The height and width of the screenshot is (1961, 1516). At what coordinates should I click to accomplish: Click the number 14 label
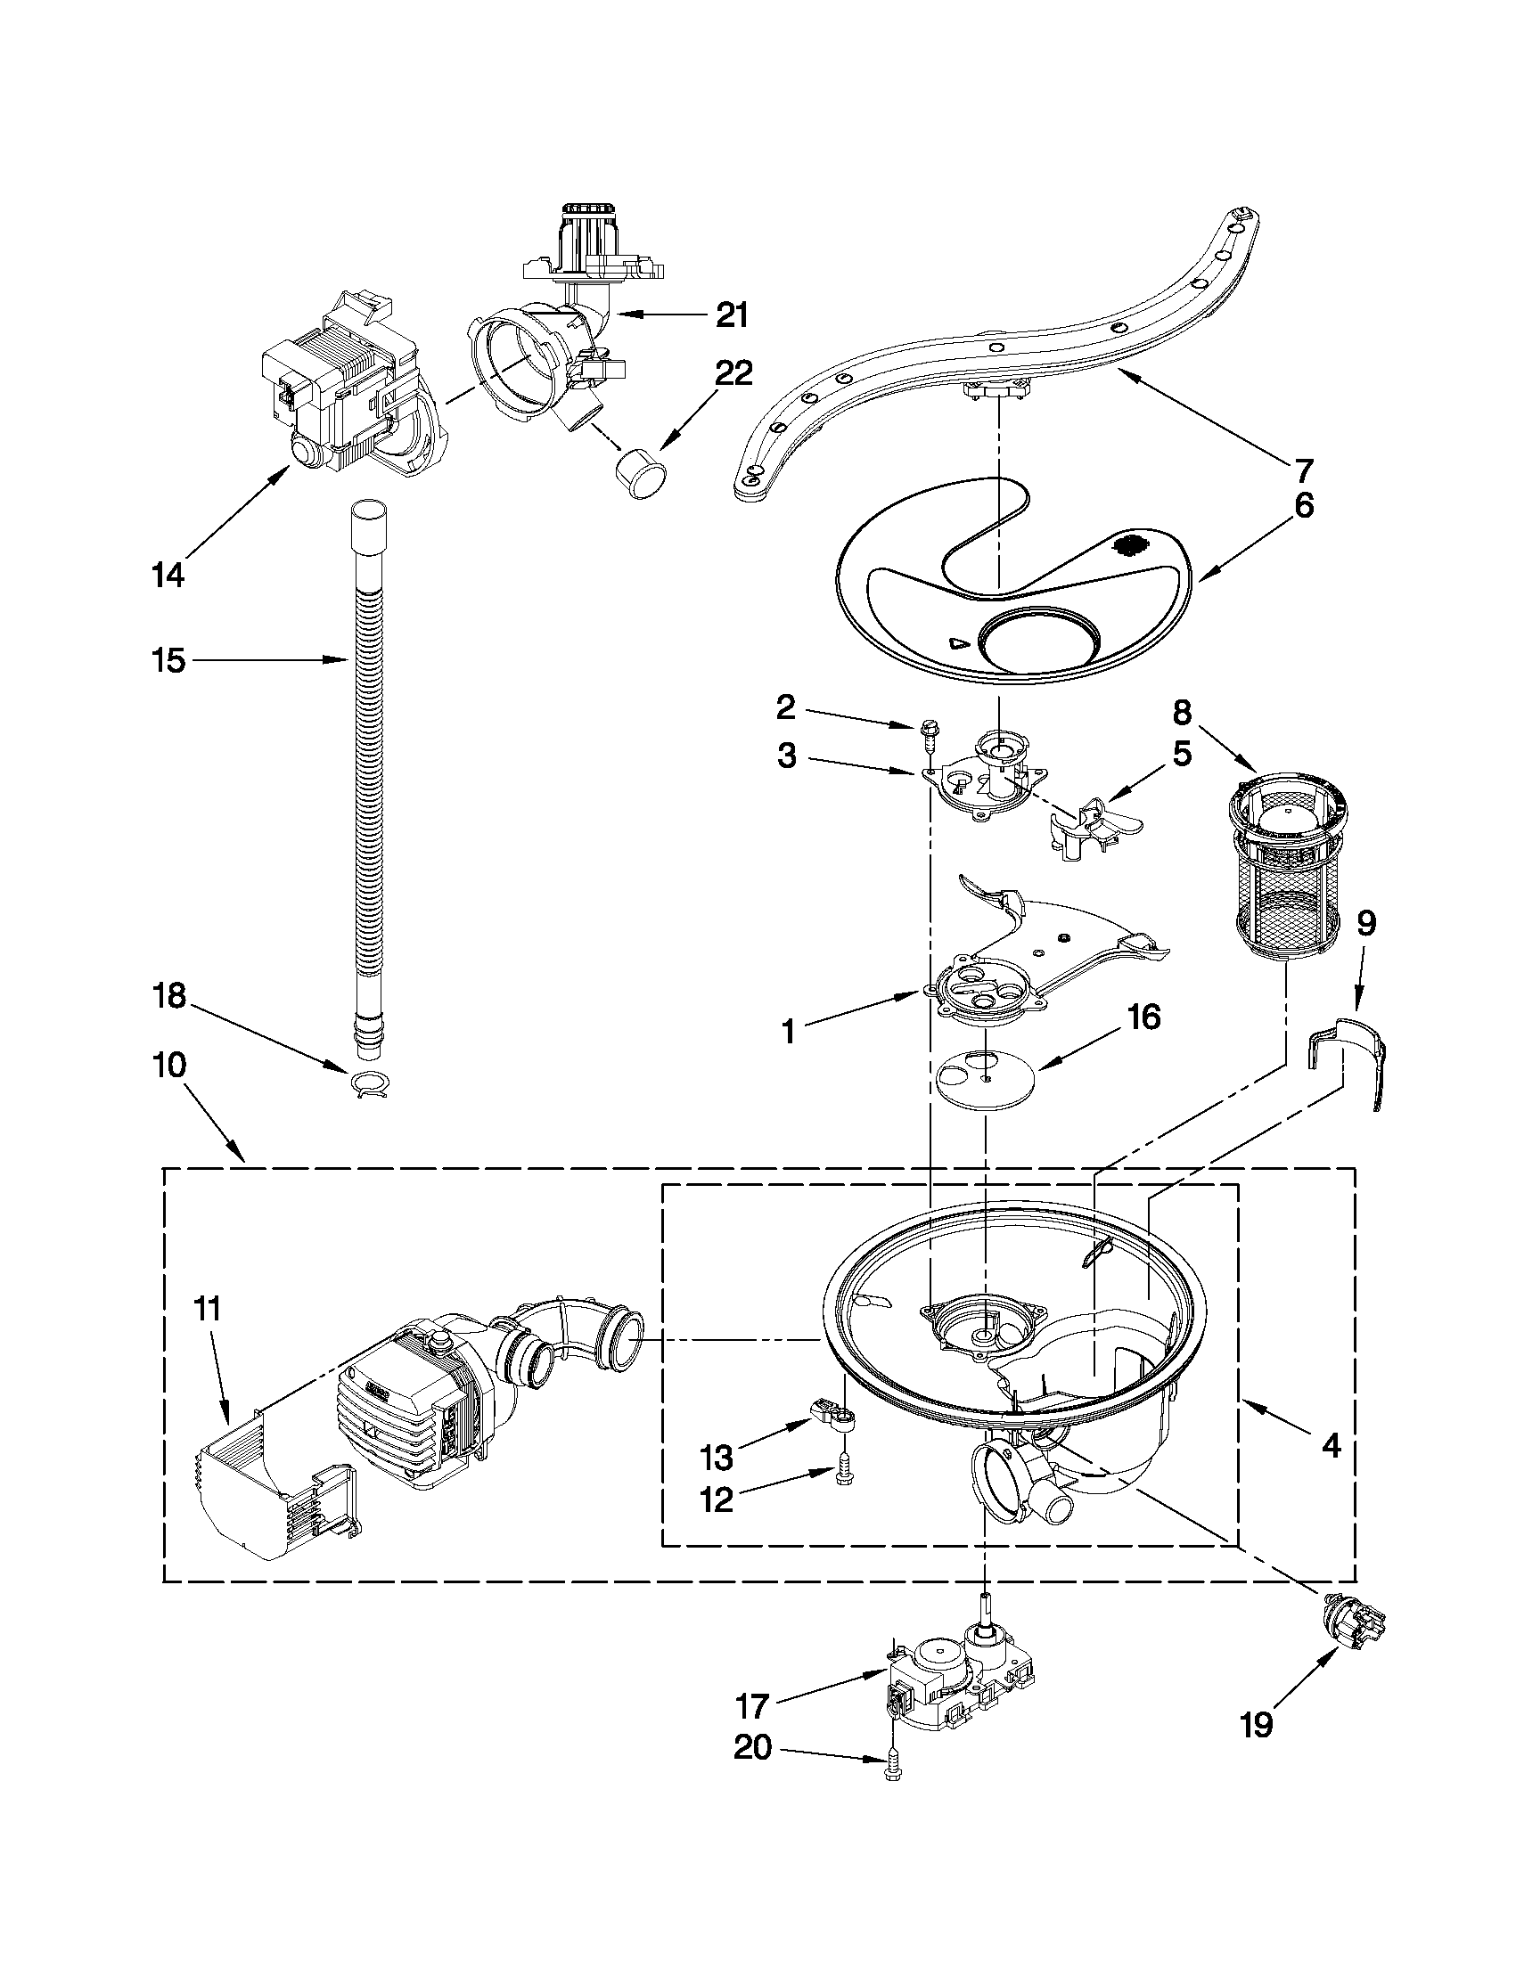pyautogui.click(x=168, y=575)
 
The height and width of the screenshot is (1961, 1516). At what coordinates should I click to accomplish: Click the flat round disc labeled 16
pyautogui.click(x=984, y=1074)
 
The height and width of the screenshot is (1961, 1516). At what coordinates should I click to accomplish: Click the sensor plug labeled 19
pyautogui.click(x=1354, y=1626)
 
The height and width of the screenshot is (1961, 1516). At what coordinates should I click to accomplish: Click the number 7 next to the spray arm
pyautogui.click(x=1303, y=469)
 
